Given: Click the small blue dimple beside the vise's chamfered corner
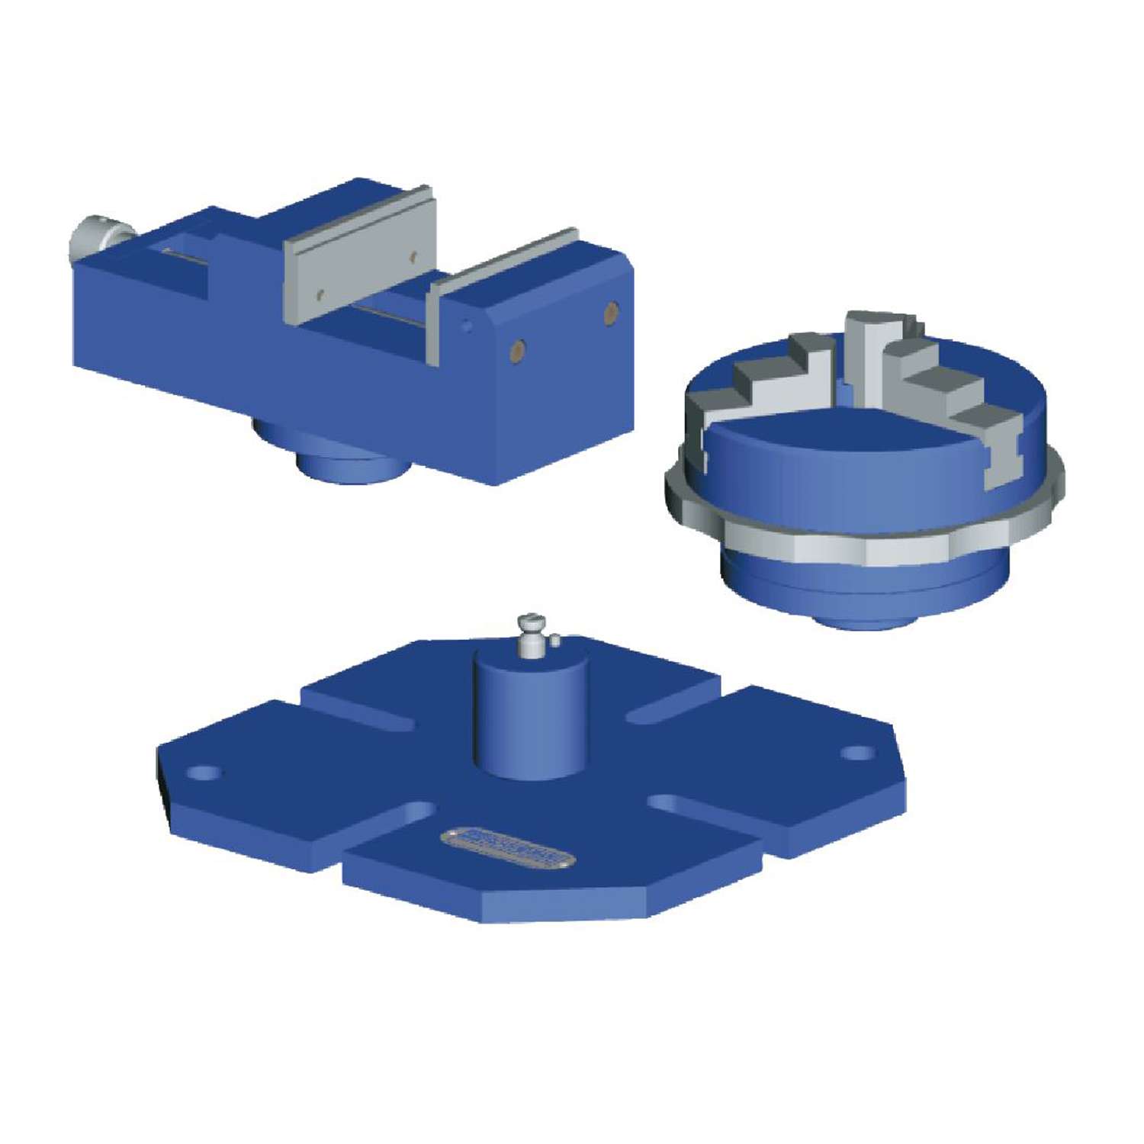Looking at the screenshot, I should tap(467, 326).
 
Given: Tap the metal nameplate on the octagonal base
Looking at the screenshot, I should tap(507, 847).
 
